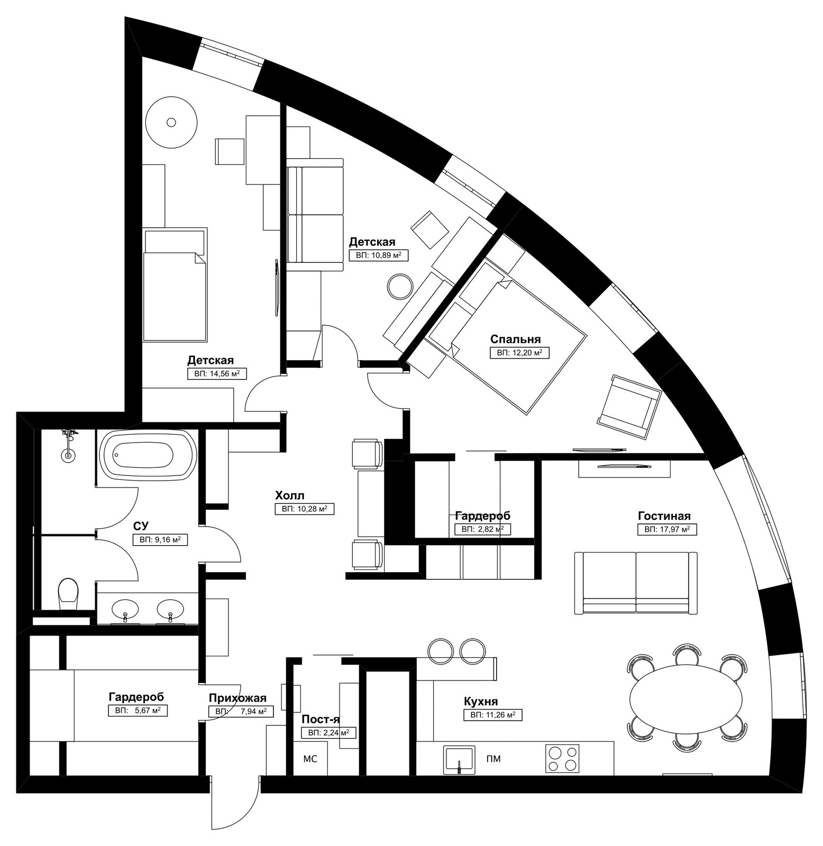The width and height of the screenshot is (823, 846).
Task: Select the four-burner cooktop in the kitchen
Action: (563, 759)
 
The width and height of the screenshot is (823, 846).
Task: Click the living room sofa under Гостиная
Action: (636, 583)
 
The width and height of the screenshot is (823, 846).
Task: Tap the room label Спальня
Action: (515, 339)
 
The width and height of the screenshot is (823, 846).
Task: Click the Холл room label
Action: (289, 495)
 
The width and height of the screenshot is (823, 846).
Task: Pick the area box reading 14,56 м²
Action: (217, 373)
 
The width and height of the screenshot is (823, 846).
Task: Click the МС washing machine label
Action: (310, 759)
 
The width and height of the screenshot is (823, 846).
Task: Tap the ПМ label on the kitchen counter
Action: (493, 759)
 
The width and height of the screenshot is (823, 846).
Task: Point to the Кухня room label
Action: (481, 702)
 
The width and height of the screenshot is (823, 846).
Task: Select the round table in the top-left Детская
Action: (171, 122)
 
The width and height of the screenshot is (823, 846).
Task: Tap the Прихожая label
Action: (237, 698)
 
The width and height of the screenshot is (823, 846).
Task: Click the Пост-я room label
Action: (321, 720)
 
